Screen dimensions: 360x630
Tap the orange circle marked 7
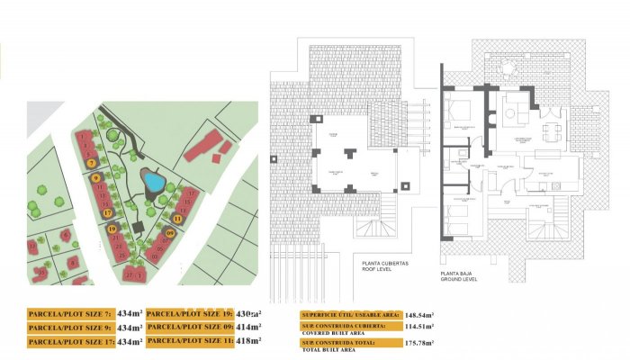pos(92,163)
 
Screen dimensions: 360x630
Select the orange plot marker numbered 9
pos(95,178)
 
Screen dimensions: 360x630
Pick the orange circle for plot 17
pos(107,213)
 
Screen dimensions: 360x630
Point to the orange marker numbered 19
pos(112,229)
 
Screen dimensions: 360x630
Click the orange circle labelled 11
pos(177,219)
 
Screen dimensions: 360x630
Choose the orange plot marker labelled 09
pos(170,233)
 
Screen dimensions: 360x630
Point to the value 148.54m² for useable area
pos(419,314)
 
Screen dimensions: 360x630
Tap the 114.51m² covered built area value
pos(419,328)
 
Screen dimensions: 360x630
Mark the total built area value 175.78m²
pos(419,344)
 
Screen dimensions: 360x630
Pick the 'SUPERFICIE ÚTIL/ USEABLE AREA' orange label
pos(351,314)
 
